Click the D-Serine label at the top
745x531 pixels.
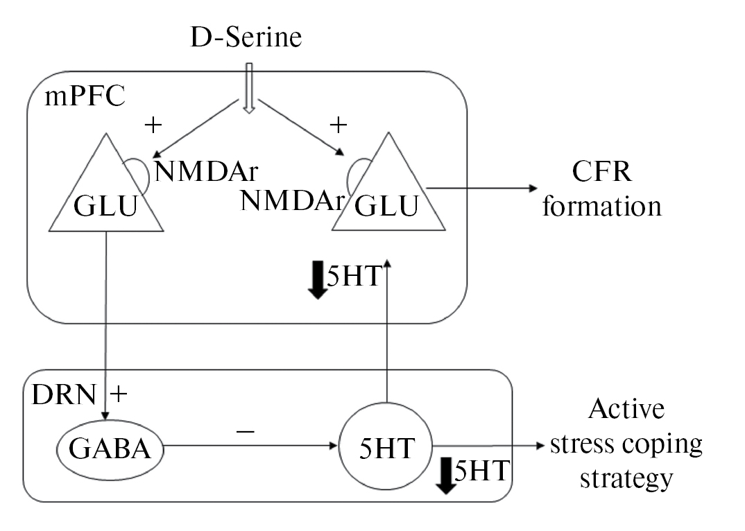(246, 36)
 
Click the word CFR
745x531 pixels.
(601, 171)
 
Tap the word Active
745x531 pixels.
(626, 409)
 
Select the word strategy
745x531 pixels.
(626, 478)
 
